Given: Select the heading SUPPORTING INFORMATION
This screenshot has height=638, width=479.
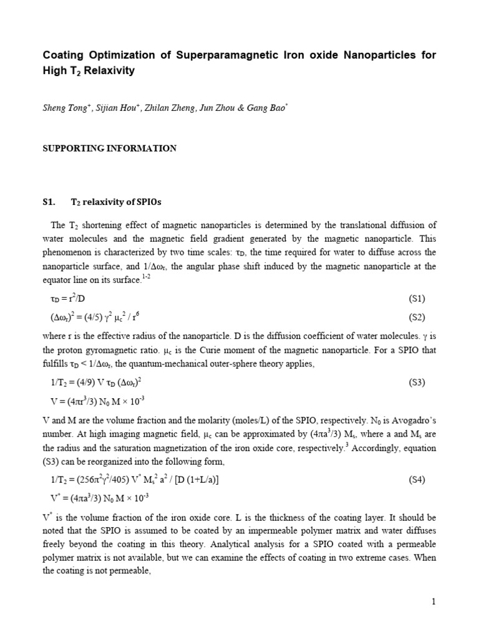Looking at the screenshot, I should click(x=109, y=148).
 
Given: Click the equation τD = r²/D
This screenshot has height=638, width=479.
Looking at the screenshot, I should click(x=70, y=299).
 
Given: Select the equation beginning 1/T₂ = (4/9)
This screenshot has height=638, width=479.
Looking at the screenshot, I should click(x=100, y=383).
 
